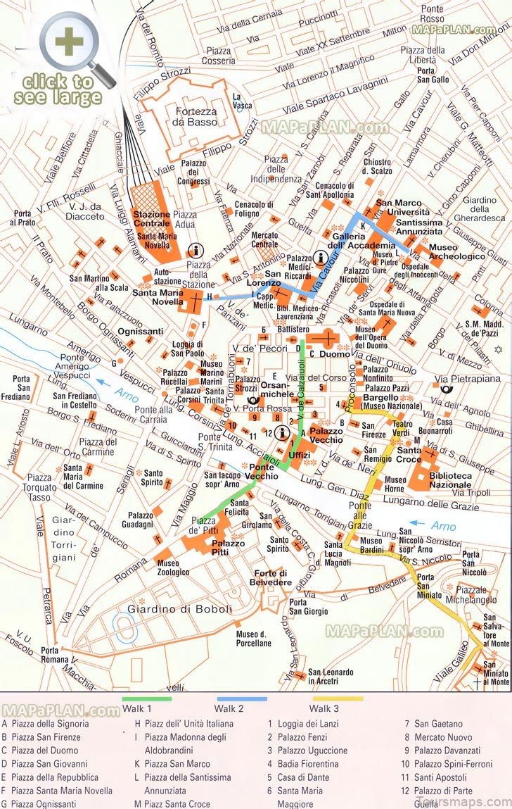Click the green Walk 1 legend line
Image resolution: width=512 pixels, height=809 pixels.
tap(147, 699)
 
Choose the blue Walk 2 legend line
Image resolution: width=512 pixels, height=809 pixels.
tap(241, 699)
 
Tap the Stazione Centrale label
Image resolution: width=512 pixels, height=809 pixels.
tap(152, 219)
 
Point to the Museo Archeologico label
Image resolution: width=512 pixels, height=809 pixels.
tap(457, 252)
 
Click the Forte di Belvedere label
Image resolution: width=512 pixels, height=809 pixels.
tap(273, 577)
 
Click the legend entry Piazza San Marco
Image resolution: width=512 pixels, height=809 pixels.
tap(177, 764)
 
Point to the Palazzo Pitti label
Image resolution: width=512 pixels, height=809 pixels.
tap(229, 548)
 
